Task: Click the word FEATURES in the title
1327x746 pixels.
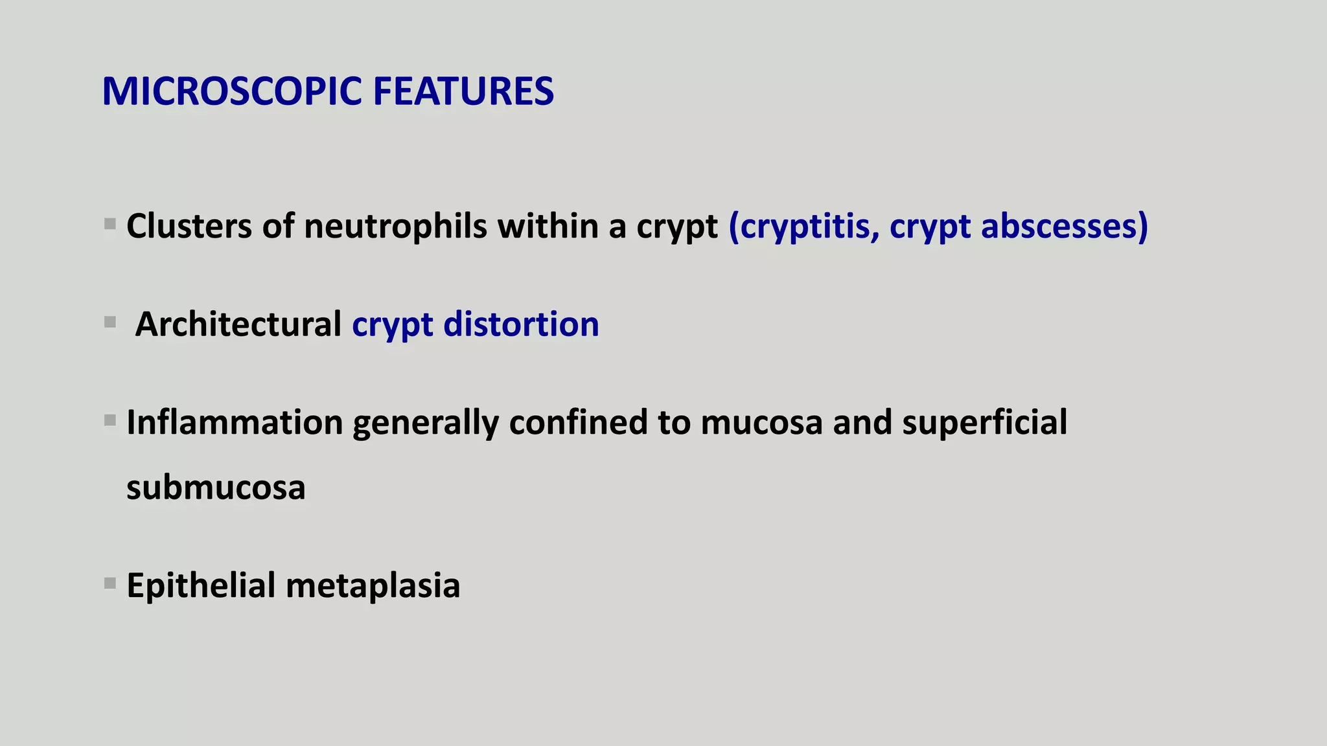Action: [463, 91]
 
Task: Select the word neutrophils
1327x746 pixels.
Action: [395, 227]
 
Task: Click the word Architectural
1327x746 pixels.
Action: [238, 324]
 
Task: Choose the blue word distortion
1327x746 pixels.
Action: [521, 324]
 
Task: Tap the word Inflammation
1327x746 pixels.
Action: [235, 423]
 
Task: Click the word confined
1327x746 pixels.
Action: [578, 423]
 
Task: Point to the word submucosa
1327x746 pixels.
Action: [216, 488]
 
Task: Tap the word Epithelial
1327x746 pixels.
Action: [201, 586]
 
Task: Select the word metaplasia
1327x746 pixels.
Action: [373, 586]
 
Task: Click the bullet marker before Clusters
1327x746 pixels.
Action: [110, 225]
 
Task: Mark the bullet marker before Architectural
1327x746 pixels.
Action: [110, 322]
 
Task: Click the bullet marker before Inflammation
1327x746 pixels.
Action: [110, 421]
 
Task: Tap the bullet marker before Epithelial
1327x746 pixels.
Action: [110, 583]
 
